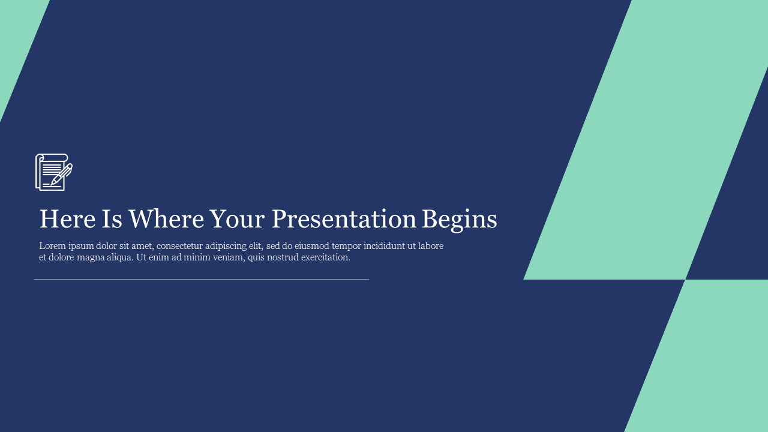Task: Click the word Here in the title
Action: click(x=68, y=219)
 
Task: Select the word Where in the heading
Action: click(x=166, y=219)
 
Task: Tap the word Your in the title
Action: click(x=237, y=219)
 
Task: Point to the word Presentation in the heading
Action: click(x=344, y=219)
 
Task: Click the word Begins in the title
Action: click(x=460, y=220)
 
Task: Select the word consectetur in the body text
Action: click(x=179, y=246)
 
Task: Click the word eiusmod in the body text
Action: click(x=311, y=246)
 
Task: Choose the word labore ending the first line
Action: click(x=431, y=246)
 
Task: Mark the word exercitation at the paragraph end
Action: click(x=326, y=257)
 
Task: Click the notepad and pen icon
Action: click(x=54, y=172)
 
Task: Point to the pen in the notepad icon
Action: click(x=62, y=175)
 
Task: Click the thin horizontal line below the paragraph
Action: click(x=201, y=280)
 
